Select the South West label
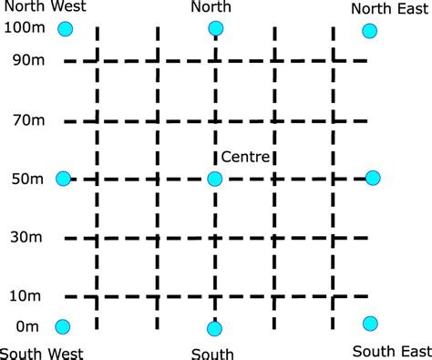(x=42, y=353)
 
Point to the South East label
(x=392, y=351)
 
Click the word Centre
(x=246, y=158)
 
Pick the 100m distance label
(x=22, y=29)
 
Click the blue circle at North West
(x=64, y=29)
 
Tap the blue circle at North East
(x=369, y=31)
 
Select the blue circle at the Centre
(x=215, y=180)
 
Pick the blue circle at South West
(x=63, y=326)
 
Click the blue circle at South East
(x=370, y=324)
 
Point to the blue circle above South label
(x=215, y=328)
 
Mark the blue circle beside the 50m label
(x=63, y=179)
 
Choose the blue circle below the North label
(x=215, y=28)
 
